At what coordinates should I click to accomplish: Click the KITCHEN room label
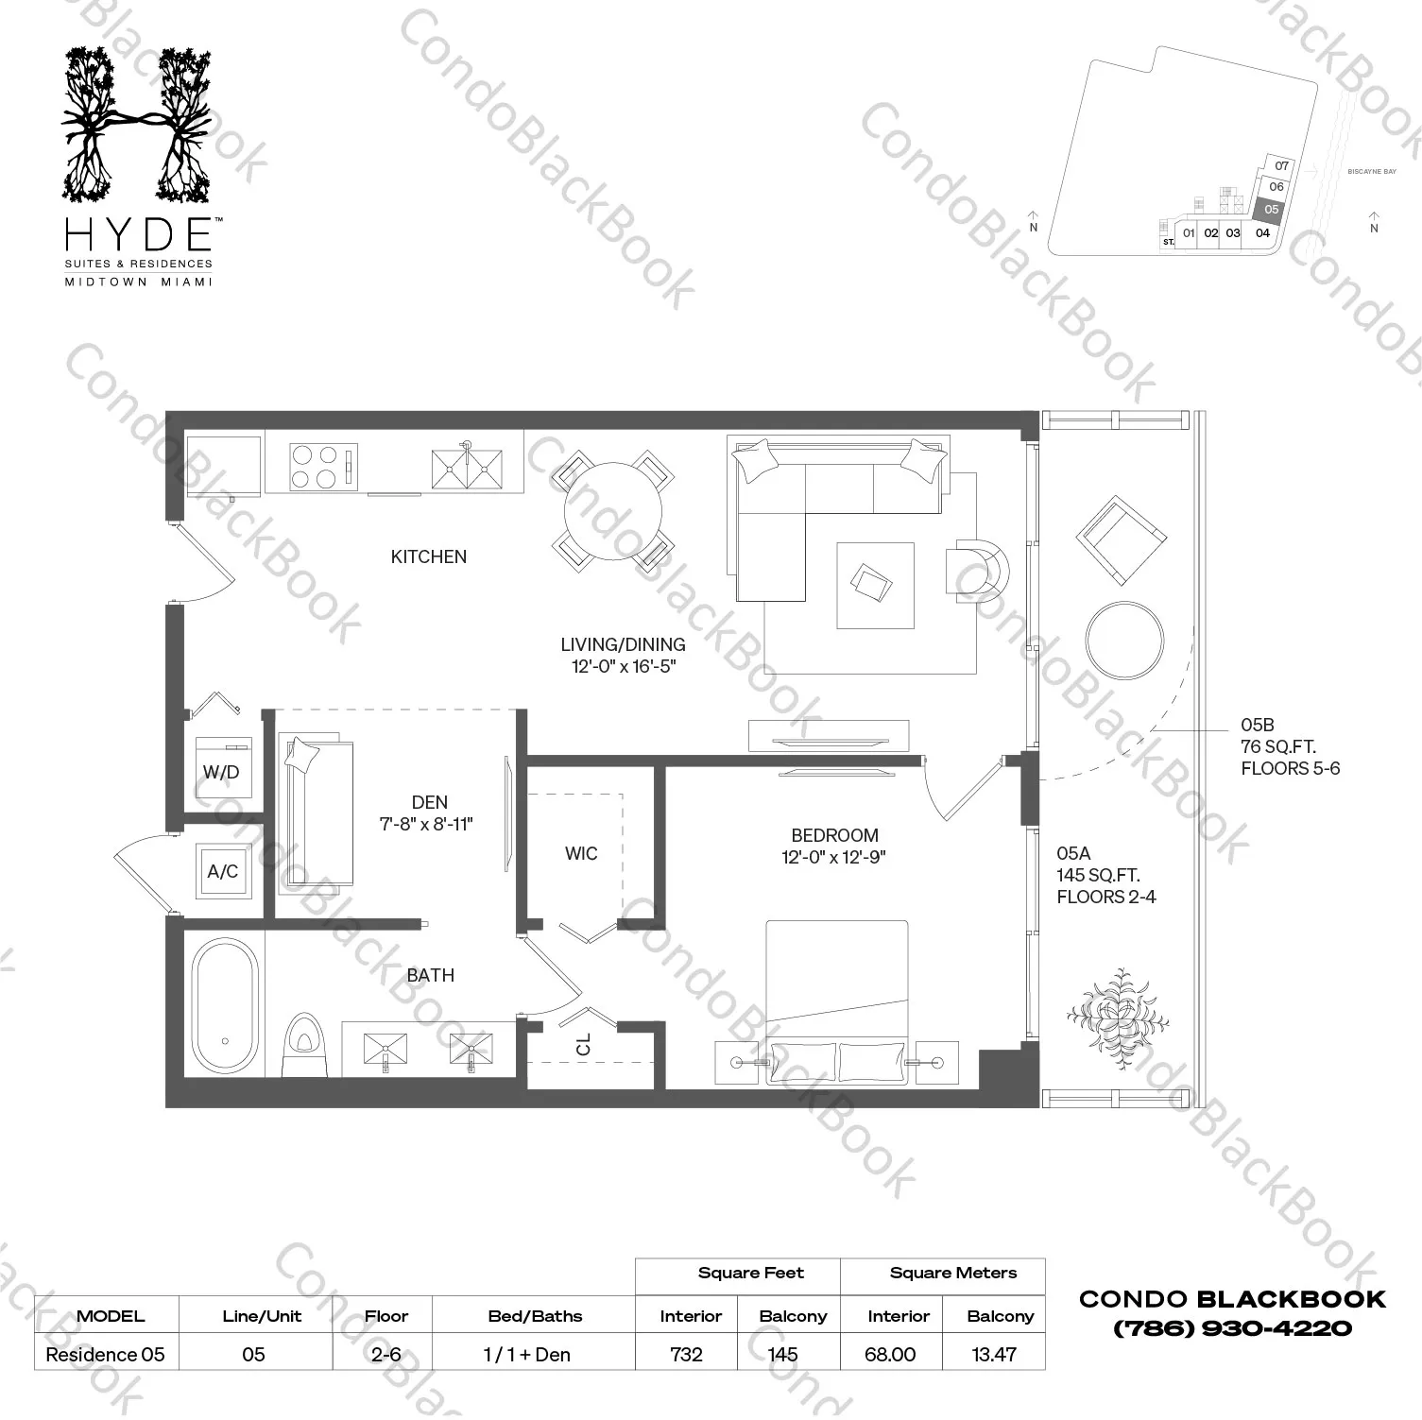(428, 556)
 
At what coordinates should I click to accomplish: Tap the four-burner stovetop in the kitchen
(315, 467)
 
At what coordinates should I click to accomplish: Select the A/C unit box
(223, 871)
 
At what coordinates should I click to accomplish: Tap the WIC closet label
(581, 853)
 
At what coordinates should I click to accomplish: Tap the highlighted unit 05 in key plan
(1271, 210)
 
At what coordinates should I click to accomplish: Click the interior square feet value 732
(686, 1354)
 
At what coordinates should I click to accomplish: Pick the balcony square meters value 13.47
(994, 1354)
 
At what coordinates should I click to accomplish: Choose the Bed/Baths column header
(535, 1316)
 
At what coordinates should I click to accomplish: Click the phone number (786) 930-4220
(1232, 1328)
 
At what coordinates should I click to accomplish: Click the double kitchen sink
(467, 470)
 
